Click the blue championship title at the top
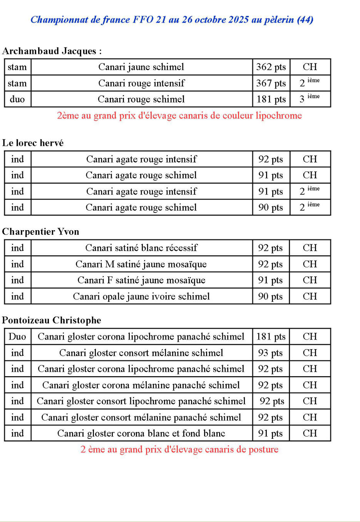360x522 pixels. click(172, 20)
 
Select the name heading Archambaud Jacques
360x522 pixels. click(52, 51)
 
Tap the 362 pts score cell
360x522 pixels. click(271, 67)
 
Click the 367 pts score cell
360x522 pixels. click(271, 83)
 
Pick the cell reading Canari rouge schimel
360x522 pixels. click(141, 99)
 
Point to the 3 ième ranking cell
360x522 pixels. click(310, 99)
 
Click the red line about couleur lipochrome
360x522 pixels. click(179, 115)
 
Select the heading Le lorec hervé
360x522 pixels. click(33, 143)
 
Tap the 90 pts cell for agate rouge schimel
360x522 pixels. click(271, 207)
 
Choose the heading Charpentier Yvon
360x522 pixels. click(40, 232)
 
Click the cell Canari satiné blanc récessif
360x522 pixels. click(141, 248)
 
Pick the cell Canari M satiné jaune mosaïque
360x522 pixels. click(141, 264)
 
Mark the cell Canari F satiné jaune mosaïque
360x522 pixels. click(141, 280)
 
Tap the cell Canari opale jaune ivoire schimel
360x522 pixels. click(141, 296)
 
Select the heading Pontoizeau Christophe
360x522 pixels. click(52, 320)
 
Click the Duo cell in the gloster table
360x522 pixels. click(17, 337)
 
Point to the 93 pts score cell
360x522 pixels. click(271, 353)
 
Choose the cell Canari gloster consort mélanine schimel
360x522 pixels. click(141, 353)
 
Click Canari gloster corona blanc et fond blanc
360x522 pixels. click(141, 433)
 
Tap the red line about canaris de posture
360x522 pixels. click(179, 449)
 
